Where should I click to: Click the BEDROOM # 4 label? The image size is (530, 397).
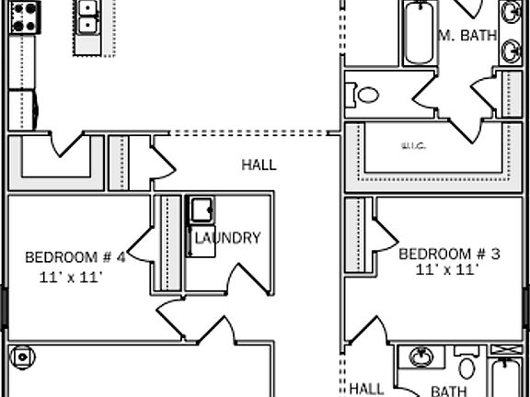point(75,256)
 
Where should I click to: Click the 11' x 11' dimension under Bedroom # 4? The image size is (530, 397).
point(71,276)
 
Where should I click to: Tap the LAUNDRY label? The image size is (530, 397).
point(228,238)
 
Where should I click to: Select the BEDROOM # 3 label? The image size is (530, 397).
point(449,253)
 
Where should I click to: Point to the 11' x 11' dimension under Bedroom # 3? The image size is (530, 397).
point(447,270)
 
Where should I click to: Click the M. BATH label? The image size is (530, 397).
point(467,36)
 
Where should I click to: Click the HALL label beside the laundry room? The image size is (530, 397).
point(259,165)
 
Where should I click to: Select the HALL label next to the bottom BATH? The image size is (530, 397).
point(366,389)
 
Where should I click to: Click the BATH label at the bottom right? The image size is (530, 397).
point(449,391)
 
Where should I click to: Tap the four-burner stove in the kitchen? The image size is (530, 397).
point(25,16)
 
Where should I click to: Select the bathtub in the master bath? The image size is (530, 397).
point(418,33)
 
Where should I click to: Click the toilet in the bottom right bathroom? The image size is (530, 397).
point(467,366)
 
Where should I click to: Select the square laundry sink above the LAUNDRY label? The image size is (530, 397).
point(201,210)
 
